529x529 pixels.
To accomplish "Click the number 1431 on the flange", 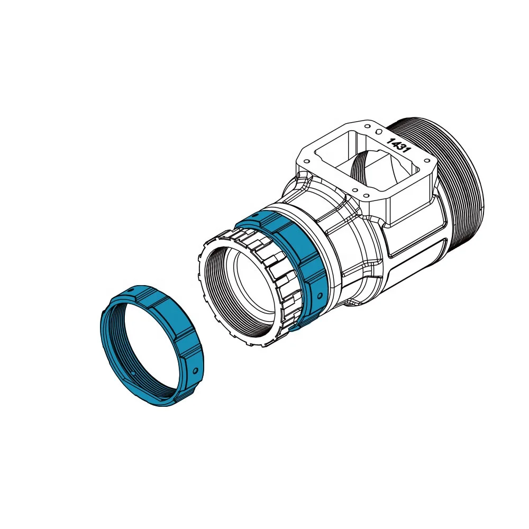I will [x=399, y=145].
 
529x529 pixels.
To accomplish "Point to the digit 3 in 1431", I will [x=402, y=148].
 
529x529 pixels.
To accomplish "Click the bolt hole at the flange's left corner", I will [x=305, y=159].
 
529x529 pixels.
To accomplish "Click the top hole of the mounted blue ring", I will [x=254, y=215].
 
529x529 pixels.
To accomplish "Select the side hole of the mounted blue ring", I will [x=318, y=295].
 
